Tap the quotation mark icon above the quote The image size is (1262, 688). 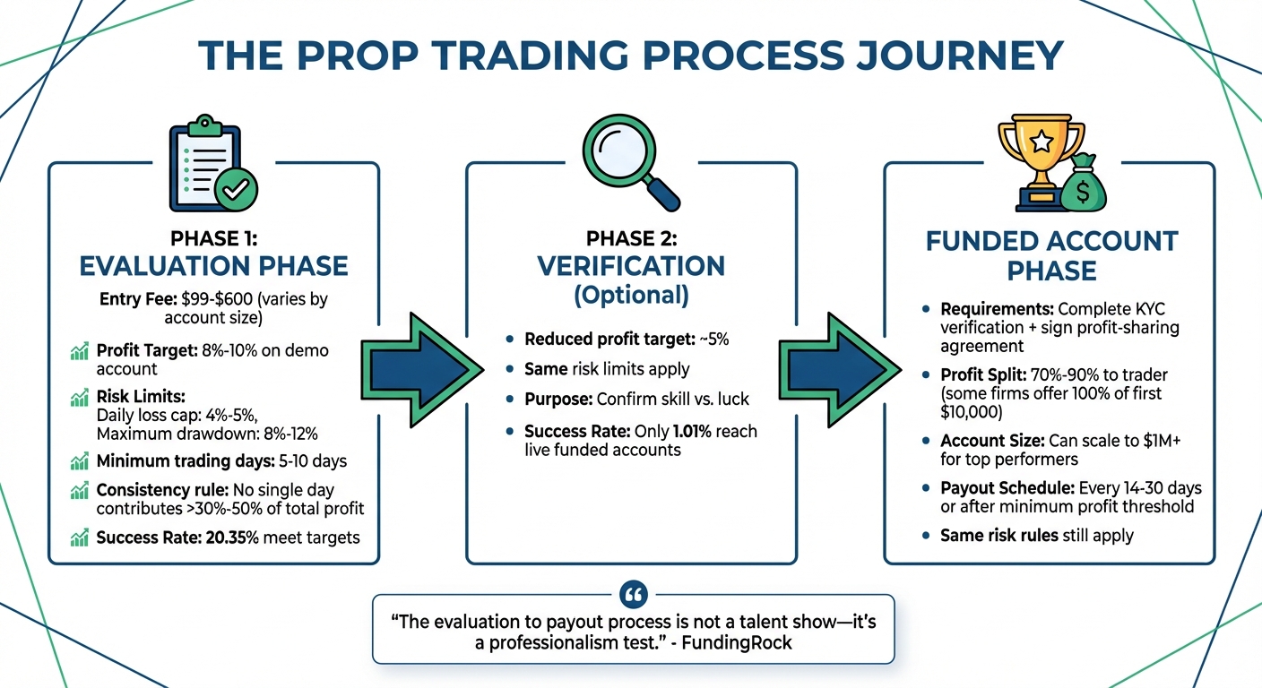coord(633,594)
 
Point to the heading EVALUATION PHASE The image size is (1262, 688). coord(213,266)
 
